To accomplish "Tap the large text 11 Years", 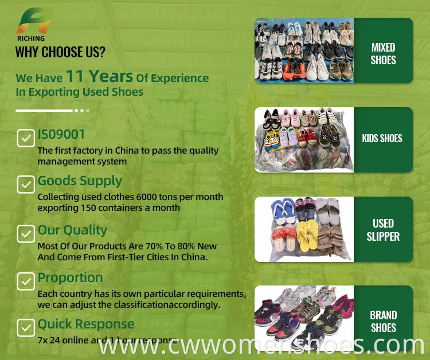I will point(99,76).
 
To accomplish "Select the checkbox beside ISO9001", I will point(26,138).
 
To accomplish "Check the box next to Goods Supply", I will point(26,184).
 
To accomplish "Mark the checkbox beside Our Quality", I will point(26,233).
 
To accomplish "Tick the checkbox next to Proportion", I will point(26,281).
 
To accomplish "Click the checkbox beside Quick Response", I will point(26,327).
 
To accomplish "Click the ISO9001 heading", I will point(61,135).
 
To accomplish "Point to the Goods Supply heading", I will point(80,181).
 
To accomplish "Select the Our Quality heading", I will point(72,230).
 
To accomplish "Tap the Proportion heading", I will point(70,278).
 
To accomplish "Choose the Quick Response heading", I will point(86,324).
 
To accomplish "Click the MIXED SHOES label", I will point(383,53).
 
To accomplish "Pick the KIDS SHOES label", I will point(382,138).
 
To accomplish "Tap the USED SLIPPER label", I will point(383,229).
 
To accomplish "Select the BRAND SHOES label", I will point(383,321).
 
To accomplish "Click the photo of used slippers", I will point(304,229).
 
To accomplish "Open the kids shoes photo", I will point(304,140).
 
